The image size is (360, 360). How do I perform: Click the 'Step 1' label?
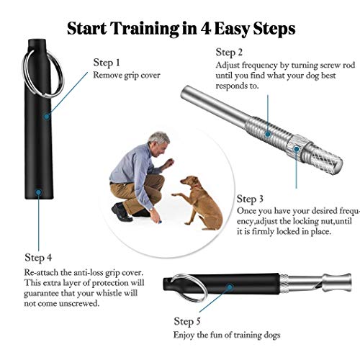pyautogui.click(x=107, y=63)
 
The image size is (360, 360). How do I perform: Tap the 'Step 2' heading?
pyautogui.click(x=229, y=53)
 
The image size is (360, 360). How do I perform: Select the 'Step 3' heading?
pyautogui.click(x=250, y=199)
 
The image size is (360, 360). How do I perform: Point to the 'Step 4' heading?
pyautogui.click(x=38, y=258)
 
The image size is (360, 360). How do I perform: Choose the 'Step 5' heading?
pyautogui.click(x=187, y=322)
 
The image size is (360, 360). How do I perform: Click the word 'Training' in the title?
pyautogui.click(x=145, y=30)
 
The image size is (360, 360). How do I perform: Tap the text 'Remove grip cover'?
pyautogui.click(x=127, y=75)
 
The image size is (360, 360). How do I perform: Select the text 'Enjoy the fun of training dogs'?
pyautogui.click(x=227, y=335)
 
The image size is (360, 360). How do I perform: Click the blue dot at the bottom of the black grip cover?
pyautogui.click(x=38, y=192)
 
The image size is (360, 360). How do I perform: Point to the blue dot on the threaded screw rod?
pyautogui.click(x=268, y=134)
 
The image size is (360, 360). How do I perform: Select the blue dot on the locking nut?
pyautogui.click(x=297, y=149)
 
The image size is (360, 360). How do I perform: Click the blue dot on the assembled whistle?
pyautogui.click(x=230, y=287)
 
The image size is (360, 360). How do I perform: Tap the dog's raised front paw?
pyautogui.click(x=174, y=194)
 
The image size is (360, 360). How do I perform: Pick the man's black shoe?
pyautogui.click(x=121, y=212)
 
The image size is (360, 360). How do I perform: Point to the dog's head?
pyautogui.click(x=189, y=181)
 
